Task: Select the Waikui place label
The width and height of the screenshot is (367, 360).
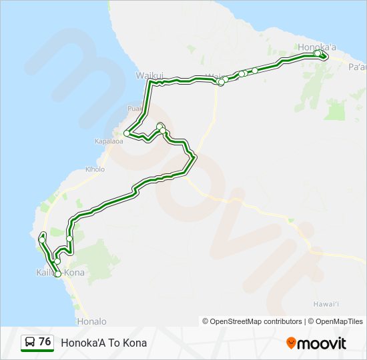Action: (149, 75)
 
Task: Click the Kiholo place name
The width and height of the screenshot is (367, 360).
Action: (94, 169)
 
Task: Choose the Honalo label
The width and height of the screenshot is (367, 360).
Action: (91, 321)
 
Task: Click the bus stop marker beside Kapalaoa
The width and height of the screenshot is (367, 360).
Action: (126, 134)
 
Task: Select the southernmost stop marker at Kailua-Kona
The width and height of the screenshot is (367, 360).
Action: (58, 274)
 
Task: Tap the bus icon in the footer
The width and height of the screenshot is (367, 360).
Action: (30, 343)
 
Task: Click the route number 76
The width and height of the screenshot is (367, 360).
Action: (45, 342)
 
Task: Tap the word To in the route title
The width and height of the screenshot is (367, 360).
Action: (114, 343)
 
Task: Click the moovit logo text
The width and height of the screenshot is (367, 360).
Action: (322, 343)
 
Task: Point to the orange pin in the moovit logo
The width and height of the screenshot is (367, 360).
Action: (291, 343)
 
